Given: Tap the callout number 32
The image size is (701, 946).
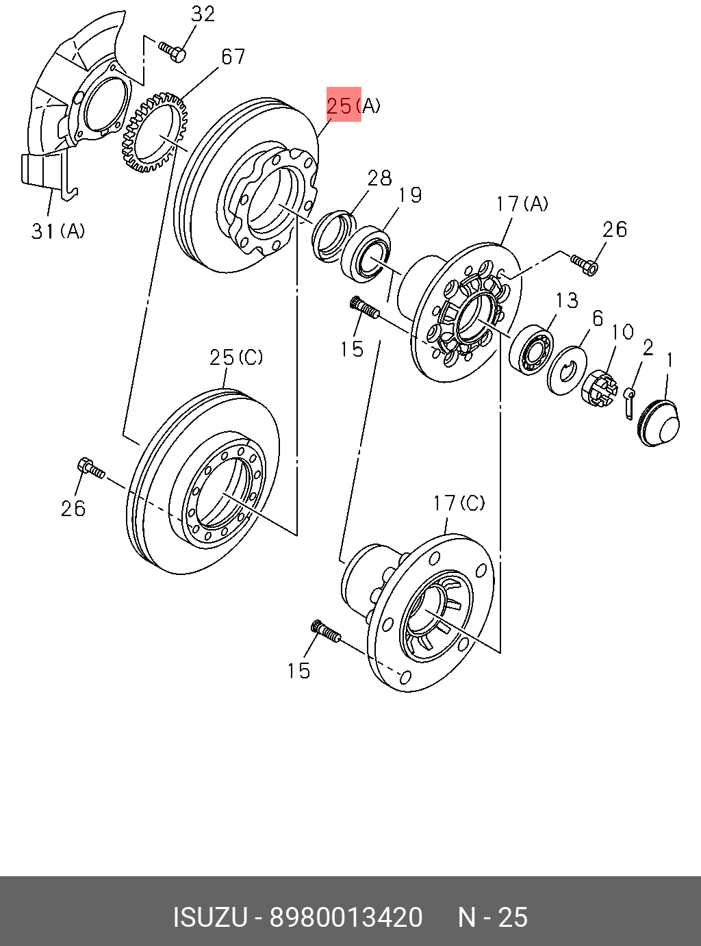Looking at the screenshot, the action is point(203,14).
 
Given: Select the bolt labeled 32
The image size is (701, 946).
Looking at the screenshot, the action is point(173,51).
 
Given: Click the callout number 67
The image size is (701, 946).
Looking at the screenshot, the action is point(233,57).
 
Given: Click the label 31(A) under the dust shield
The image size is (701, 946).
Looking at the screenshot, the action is point(58,231).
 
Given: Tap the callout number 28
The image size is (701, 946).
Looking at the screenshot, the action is point(379,178).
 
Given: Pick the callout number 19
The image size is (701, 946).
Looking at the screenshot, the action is point(409,194).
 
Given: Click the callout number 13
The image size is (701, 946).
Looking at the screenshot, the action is point(567,301).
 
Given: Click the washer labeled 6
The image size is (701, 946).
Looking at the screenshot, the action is point(567,370).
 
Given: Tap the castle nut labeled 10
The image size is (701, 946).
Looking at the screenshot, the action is point(600,387).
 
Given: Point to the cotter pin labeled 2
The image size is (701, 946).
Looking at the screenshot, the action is point(629,403).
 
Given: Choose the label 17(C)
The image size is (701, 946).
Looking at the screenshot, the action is point(459,503).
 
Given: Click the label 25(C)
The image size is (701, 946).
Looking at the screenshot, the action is point(236,357).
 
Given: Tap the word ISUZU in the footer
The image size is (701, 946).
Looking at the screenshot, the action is point(210,917).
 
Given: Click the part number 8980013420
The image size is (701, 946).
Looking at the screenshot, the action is point(346,917).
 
